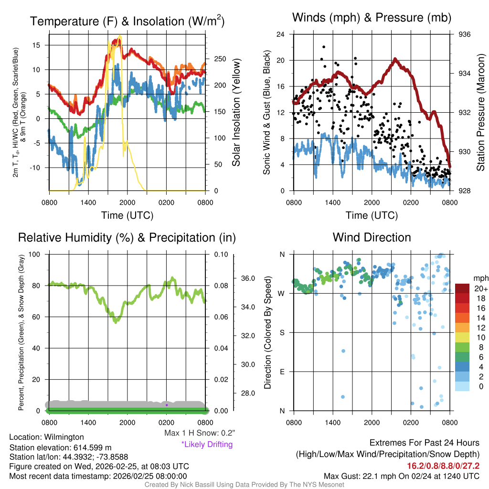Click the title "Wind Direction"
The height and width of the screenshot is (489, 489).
coord(372,237)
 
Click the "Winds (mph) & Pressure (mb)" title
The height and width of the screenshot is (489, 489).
coord(372,18)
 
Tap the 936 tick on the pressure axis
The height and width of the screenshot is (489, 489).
coord(465,34)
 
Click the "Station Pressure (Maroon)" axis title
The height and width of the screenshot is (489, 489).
coord(480,112)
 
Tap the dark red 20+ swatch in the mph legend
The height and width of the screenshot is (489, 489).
coord(463,289)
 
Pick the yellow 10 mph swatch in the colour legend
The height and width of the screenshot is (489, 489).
coord(463,338)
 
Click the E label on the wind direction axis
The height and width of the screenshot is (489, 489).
coord(282,372)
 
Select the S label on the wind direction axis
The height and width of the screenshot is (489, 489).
coord(282,332)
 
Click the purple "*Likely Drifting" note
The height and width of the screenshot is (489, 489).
coord(207,445)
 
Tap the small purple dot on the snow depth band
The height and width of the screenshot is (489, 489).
coord(167,405)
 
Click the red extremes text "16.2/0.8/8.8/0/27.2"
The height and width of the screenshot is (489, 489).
coord(443,466)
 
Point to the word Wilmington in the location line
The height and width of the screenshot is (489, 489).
coord(62,437)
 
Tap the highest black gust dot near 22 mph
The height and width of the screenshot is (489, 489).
coord(324,47)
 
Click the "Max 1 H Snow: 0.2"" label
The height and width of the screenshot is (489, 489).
coord(199,434)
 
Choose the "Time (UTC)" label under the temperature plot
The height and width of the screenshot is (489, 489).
coord(127,215)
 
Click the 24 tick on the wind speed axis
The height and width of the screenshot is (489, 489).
coord(281,34)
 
